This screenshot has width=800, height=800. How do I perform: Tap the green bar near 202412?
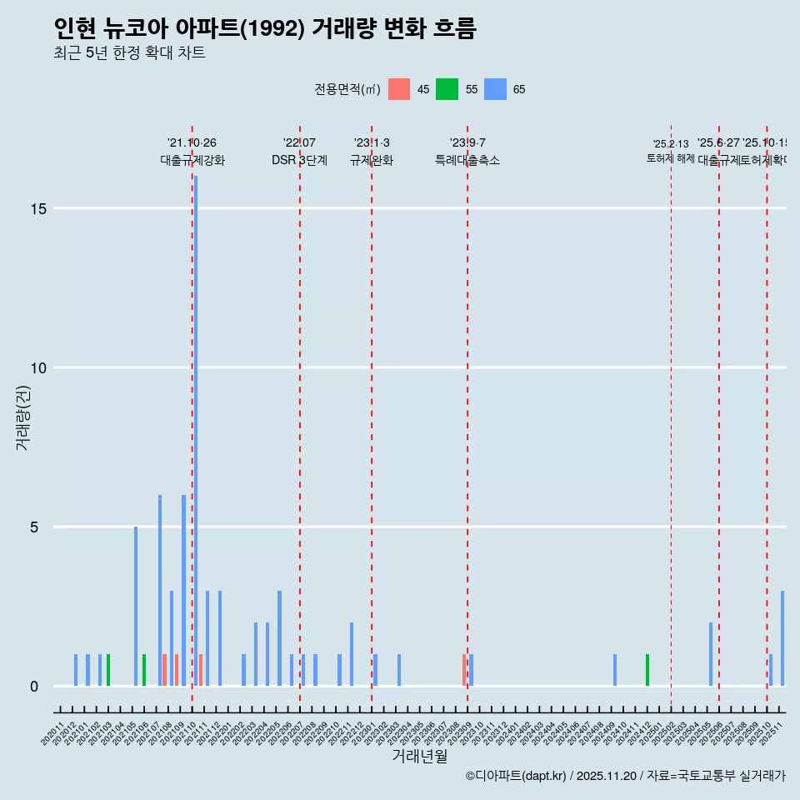coord(647,670)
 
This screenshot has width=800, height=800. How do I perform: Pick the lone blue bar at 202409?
coord(615,670)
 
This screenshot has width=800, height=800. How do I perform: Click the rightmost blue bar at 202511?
coord(782,638)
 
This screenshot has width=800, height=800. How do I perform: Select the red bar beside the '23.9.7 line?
coord(464,670)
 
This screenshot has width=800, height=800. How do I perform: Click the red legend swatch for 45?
coord(399,89)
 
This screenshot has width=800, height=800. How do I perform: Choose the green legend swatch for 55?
coord(447,89)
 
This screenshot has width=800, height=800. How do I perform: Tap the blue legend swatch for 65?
coord(496,89)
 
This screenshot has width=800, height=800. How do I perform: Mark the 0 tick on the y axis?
coord(34,686)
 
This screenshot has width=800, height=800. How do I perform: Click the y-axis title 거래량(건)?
coord(22,417)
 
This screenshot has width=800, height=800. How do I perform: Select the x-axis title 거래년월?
coord(420,756)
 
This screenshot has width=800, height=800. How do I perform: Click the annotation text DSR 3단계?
coord(299,160)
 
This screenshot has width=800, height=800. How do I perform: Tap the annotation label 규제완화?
coord(372,160)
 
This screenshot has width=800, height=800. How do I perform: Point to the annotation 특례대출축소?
coord(467,160)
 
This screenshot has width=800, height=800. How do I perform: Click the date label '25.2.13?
coord(671,144)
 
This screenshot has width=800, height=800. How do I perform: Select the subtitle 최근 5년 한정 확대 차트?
coord(129,53)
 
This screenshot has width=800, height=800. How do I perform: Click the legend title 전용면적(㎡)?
coord(347,89)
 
